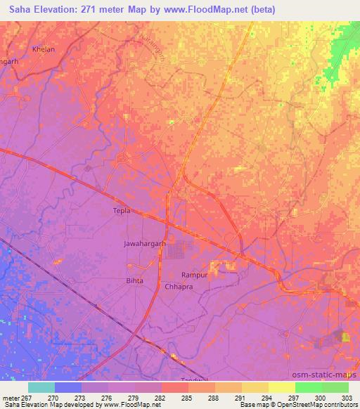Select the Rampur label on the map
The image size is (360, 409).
194,275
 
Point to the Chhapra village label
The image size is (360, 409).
178,287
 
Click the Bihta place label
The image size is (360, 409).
134,280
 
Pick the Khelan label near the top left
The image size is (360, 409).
43,49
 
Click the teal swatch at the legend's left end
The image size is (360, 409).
41,387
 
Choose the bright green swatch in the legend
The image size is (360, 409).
308,387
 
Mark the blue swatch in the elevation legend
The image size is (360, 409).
68,387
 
